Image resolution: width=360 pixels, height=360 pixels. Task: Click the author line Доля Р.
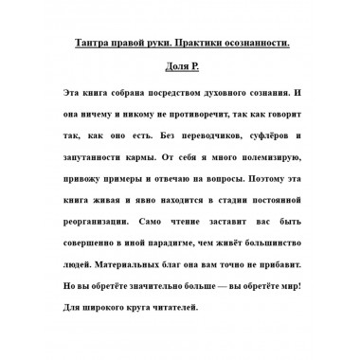pos(179,70)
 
